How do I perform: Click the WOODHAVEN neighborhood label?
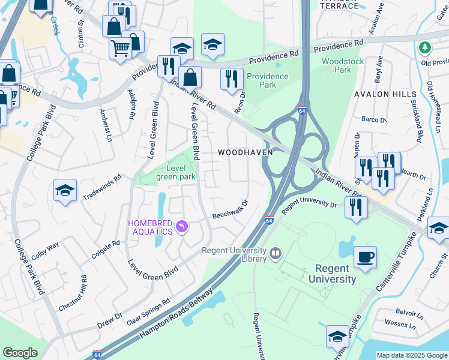point(245,152)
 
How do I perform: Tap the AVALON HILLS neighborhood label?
point(385,95)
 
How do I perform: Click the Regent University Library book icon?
point(276,253)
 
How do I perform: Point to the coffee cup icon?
point(365,258)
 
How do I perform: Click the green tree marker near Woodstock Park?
point(425,47)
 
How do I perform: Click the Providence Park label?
point(267,80)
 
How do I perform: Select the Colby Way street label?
point(45,250)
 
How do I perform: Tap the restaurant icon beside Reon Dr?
point(231,79)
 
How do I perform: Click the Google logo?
point(20,353)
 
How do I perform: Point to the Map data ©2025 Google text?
point(412,355)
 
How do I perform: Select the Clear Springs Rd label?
point(148,311)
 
